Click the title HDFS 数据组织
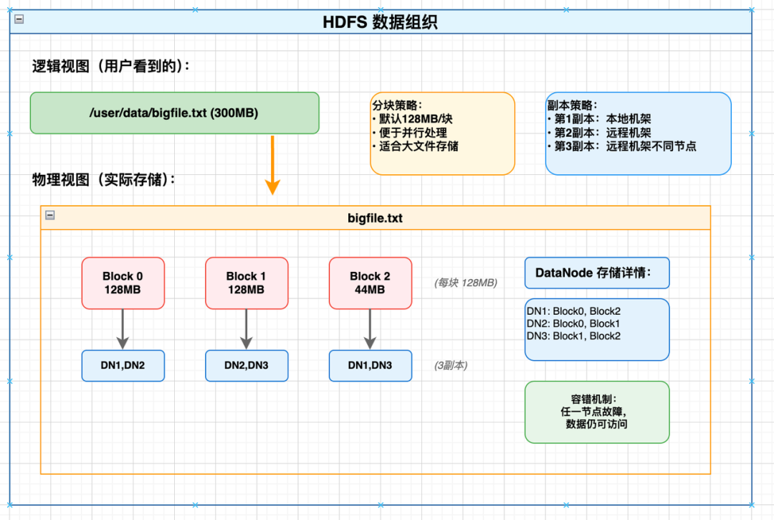(381, 22)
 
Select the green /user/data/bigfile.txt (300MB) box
(174, 113)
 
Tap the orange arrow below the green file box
(272, 165)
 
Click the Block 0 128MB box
(123, 283)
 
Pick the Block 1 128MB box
(247, 283)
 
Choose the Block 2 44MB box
(371, 283)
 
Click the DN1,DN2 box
(123, 365)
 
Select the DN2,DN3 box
(247, 365)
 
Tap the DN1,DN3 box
(371, 365)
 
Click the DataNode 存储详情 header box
(597, 273)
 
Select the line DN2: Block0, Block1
(573, 323)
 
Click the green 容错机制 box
(597, 412)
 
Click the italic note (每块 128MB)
(465, 283)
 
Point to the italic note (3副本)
(451, 365)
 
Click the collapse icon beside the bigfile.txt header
(50, 215)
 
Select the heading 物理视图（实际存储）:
(104, 179)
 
